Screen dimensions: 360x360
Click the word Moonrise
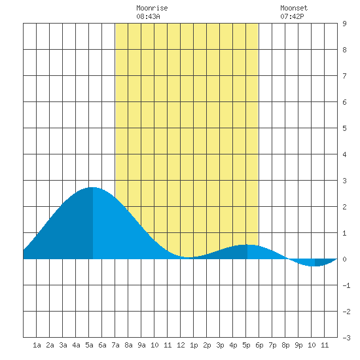[x=152, y=8]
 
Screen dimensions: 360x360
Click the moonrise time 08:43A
[x=148, y=16]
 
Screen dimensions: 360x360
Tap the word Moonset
[x=294, y=8]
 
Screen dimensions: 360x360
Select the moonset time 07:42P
[x=292, y=16]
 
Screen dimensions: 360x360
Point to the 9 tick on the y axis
[x=344, y=24]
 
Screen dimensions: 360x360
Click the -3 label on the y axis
[x=346, y=338]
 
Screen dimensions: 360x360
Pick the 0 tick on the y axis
[x=344, y=259]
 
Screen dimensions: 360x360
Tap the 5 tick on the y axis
[x=344, y=128]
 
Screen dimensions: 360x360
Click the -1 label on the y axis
[x=346, y=285]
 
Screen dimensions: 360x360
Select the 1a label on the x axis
[x=37, y=345]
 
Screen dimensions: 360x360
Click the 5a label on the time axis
[x=89, y=345]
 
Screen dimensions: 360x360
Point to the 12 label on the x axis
[x=181, y=345]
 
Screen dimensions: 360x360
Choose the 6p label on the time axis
[x=259, y=345]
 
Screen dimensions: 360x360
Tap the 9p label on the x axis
[x=298, y=345]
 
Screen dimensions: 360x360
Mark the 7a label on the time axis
[x=115, y=345]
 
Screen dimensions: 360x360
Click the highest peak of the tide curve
[x=92, y=188]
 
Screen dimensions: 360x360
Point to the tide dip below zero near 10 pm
[x=315, y=266]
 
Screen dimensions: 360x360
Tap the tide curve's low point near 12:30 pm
[x=189, y=257]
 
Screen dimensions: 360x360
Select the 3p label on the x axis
[x=220, y=345]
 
